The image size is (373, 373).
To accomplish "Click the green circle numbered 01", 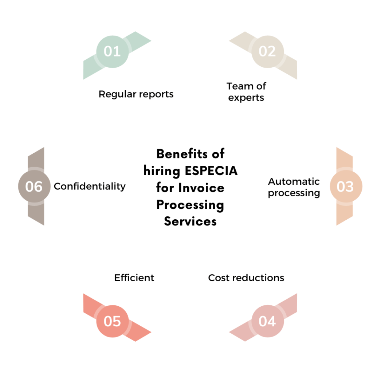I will pyautogui.click(x=112, y=51).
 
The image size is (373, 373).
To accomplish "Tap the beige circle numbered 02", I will pyautogui.click(x=267, y=51).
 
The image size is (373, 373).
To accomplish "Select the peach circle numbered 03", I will pyautogui.click(x=345, y=186).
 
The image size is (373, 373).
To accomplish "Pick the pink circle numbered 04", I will pyautogui.click(x=267, y=321).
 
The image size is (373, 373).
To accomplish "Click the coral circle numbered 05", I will pyautogui.click(x=112, y=321).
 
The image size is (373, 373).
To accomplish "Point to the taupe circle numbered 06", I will pyautogui.click(x=34, y=186).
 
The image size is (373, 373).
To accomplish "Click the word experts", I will pyautogui.click(x=246, y=98).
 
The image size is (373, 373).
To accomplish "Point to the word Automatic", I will pyautogui.click(x=294, y=181).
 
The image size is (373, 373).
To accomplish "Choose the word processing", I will pyautogui.click(x=294, y=193).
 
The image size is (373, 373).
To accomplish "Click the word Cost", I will pyautogui.click(x=219, y=278).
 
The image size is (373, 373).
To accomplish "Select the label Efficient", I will pyautogui.click(x=134, y=278).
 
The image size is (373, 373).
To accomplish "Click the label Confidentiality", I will pyautogui.click(x=90, y=186).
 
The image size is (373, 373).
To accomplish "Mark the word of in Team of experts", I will pyautogui.click(x=261, y=86).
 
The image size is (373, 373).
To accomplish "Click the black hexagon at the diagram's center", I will pyautogui.click(x=190, y=186).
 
